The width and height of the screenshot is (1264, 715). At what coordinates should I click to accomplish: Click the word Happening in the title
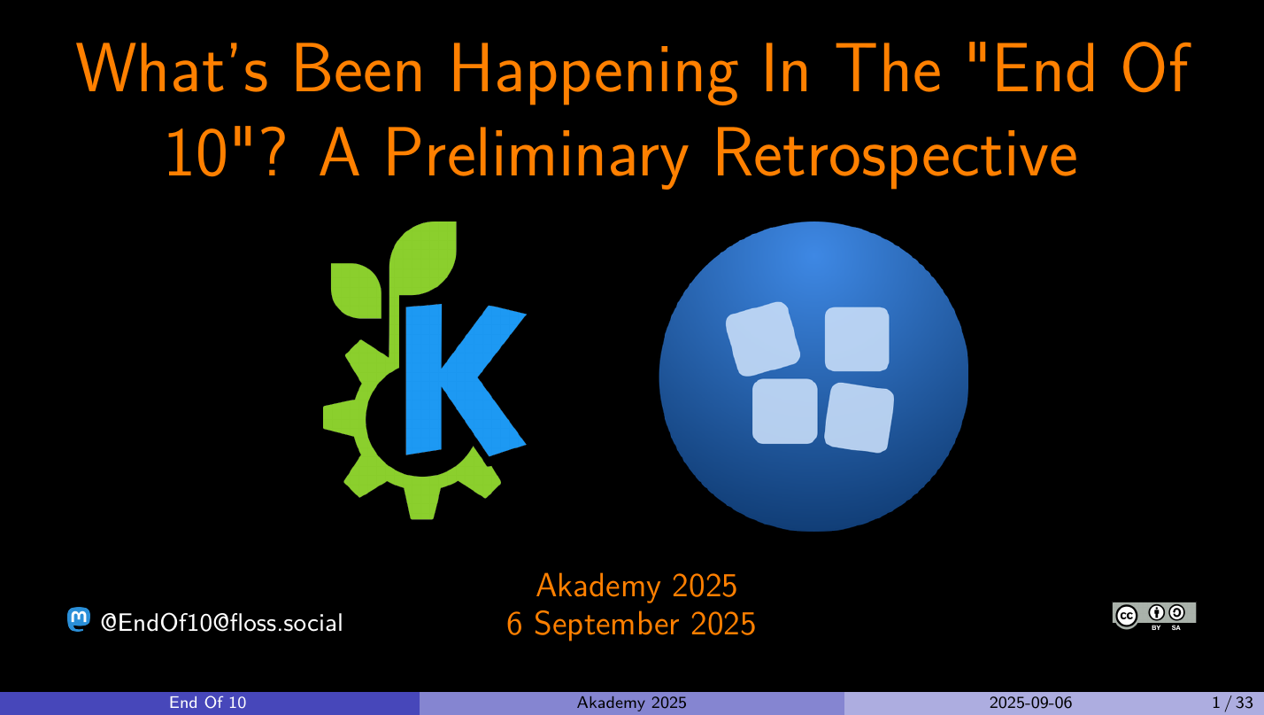[594, 73]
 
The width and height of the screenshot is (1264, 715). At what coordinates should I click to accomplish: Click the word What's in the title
[172, 67]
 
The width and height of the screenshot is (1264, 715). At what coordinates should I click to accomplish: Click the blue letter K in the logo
[466, 379]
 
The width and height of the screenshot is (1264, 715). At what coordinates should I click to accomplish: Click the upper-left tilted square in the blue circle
[762, 338]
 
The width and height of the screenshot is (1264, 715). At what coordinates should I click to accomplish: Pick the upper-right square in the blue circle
[857, 338]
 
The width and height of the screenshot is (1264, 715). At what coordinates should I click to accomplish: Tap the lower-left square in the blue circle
[784, 411]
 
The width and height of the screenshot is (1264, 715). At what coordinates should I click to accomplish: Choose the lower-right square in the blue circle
[859, 417]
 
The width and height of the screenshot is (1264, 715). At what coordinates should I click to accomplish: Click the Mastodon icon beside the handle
[79, 619]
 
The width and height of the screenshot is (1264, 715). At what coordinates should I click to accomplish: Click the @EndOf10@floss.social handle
[222, 623]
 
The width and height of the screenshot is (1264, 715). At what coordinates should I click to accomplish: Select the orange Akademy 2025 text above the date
[636, 586]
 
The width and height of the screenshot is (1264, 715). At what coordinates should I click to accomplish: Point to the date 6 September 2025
[631, 624]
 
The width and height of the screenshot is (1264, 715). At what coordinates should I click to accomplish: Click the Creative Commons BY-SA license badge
[1154, 616]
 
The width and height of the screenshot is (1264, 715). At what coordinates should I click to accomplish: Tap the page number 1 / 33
[1232, 703]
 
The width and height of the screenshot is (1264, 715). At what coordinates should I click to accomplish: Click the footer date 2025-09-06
[1030, 703]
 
